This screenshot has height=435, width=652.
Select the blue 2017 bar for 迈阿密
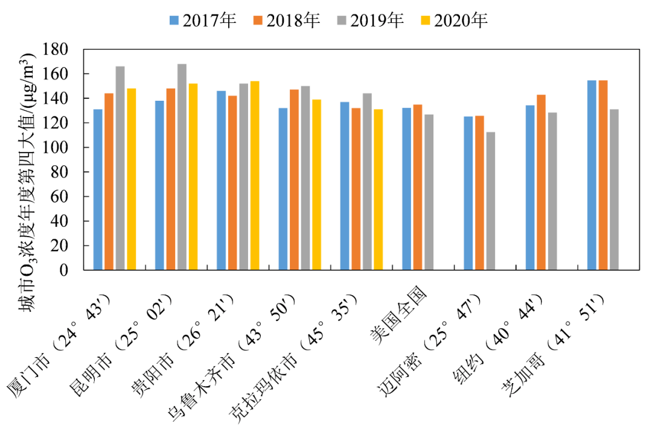click(x=468, y=193)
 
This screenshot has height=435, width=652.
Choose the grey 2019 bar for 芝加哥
click(x=614, y=189)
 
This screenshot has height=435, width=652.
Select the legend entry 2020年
click(x=453, y=21)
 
